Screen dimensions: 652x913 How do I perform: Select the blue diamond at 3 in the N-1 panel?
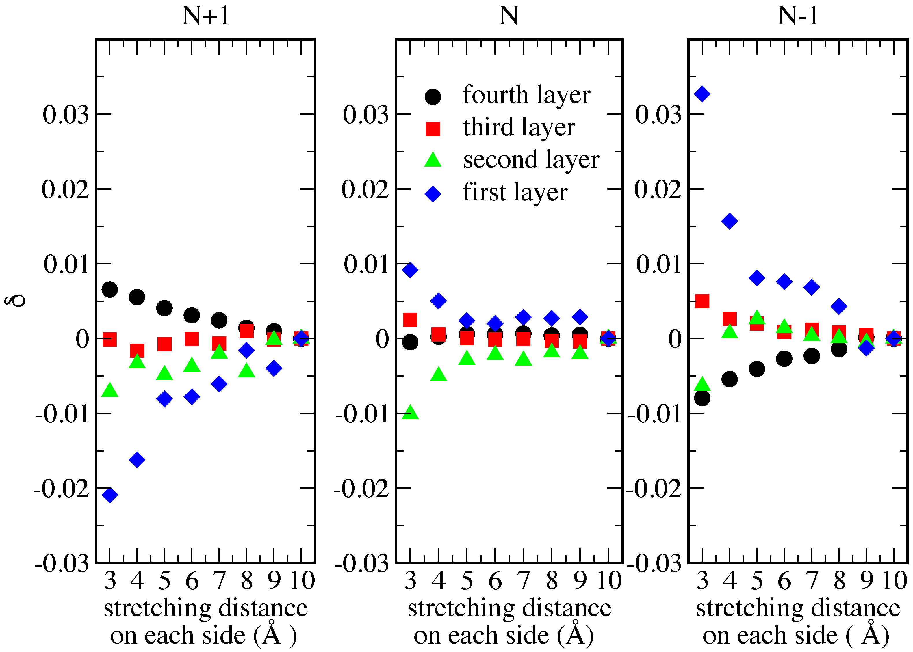(702, 94)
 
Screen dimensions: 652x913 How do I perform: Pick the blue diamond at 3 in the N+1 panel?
(110, 495)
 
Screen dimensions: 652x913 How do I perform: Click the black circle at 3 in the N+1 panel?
(110, 289)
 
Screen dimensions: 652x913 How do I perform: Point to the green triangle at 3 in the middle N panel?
(410, 412)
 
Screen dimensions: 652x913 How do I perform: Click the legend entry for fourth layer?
(526, 95)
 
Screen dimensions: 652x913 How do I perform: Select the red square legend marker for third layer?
(433, 129)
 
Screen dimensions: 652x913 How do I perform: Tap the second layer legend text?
(531, 160)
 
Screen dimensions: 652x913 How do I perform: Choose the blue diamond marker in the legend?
(433, 194)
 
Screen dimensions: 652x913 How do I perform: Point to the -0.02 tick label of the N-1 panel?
(654, 489)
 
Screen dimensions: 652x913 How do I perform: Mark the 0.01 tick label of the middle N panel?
(366, 264)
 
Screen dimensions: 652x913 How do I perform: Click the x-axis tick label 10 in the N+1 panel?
(302, 581)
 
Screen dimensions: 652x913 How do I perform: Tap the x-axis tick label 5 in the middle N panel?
(467, 581)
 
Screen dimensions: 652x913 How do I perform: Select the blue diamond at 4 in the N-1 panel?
(730, 221)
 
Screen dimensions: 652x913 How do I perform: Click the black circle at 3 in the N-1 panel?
(702, 398)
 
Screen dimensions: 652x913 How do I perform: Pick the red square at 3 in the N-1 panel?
(702, 301)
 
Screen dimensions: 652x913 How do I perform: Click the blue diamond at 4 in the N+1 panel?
(137, 460)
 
